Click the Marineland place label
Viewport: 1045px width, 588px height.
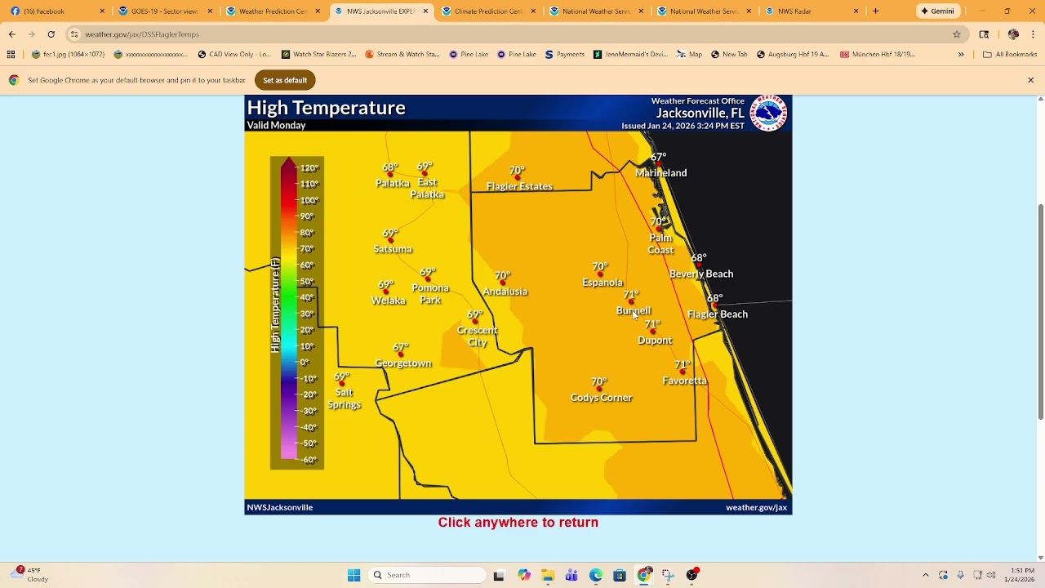[x=661, y=173]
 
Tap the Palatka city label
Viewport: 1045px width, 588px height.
[x=392, y=184]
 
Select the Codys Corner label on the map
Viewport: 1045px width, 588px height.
[x=601, y=398]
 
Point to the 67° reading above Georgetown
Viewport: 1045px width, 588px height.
[x=400, y=348]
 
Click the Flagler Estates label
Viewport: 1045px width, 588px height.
[x=519, y=187]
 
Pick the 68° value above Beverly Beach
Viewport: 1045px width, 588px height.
[x=699, y=258]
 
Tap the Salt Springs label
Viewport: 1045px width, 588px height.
[x=344, y=399]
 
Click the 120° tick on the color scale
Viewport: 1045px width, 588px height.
[x=309, y=168]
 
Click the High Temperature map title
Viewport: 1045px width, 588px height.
[x=326, y=108]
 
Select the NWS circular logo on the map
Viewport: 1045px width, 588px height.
[x=768, y=113]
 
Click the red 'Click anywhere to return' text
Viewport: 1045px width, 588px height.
[x=518, y=523]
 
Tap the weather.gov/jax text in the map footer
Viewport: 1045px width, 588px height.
[x=756, y=508]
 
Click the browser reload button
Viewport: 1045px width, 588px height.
[x=51, y=34]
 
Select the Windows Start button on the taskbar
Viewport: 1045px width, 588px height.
[x=354, y=575]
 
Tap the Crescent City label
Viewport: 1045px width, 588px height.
[x=478, y=336]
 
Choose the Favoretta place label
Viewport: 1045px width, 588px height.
[x=684, y=381]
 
